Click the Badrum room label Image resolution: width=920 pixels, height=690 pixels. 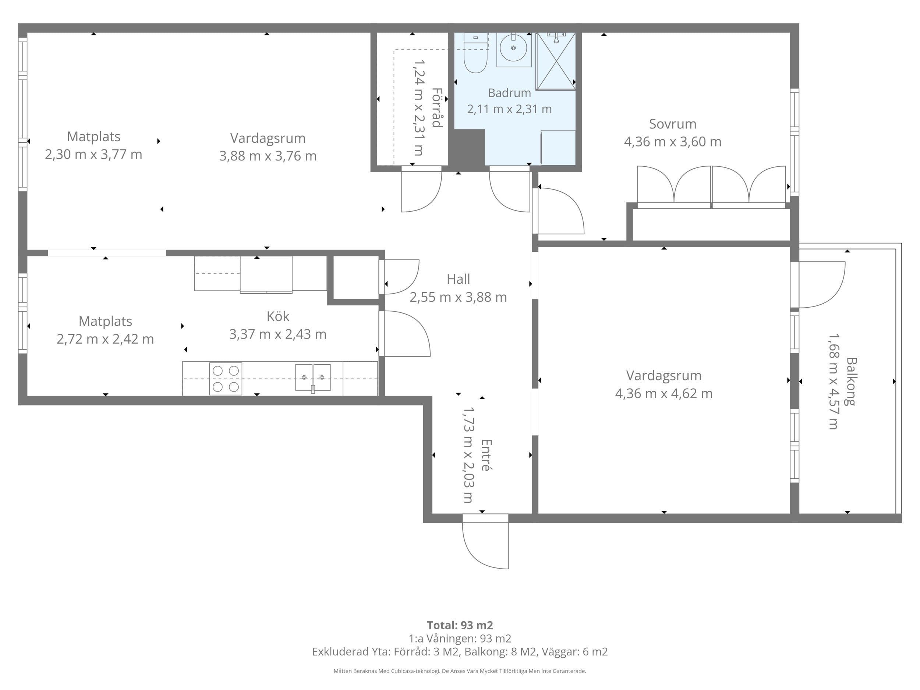[509, 93]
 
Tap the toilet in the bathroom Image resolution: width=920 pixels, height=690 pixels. [475, 53]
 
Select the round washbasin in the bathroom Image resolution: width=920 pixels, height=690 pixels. [513, 48]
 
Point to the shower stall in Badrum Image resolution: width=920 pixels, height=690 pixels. [556, 61]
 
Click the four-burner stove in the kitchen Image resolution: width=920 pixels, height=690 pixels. [226, 379]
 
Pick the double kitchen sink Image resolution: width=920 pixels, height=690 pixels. [313, 378]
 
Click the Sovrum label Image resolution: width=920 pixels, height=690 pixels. [673, 124]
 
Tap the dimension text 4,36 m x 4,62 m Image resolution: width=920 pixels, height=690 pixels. [664, 393]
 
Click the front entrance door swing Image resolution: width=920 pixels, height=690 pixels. [485, 542]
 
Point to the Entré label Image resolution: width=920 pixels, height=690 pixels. [486, 454]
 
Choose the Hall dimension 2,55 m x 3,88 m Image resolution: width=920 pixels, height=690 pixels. [458, 297]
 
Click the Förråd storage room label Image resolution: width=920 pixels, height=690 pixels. [437, 107]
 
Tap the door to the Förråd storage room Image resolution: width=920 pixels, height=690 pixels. [421, 189]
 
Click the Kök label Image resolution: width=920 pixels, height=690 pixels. [278, 316]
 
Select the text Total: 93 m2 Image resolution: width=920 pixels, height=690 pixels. [460, 625]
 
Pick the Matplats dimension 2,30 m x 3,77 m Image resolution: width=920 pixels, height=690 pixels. [93, 155]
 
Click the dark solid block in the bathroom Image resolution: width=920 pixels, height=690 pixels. [469, 147]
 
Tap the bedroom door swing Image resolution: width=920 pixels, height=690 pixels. [559, 211]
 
